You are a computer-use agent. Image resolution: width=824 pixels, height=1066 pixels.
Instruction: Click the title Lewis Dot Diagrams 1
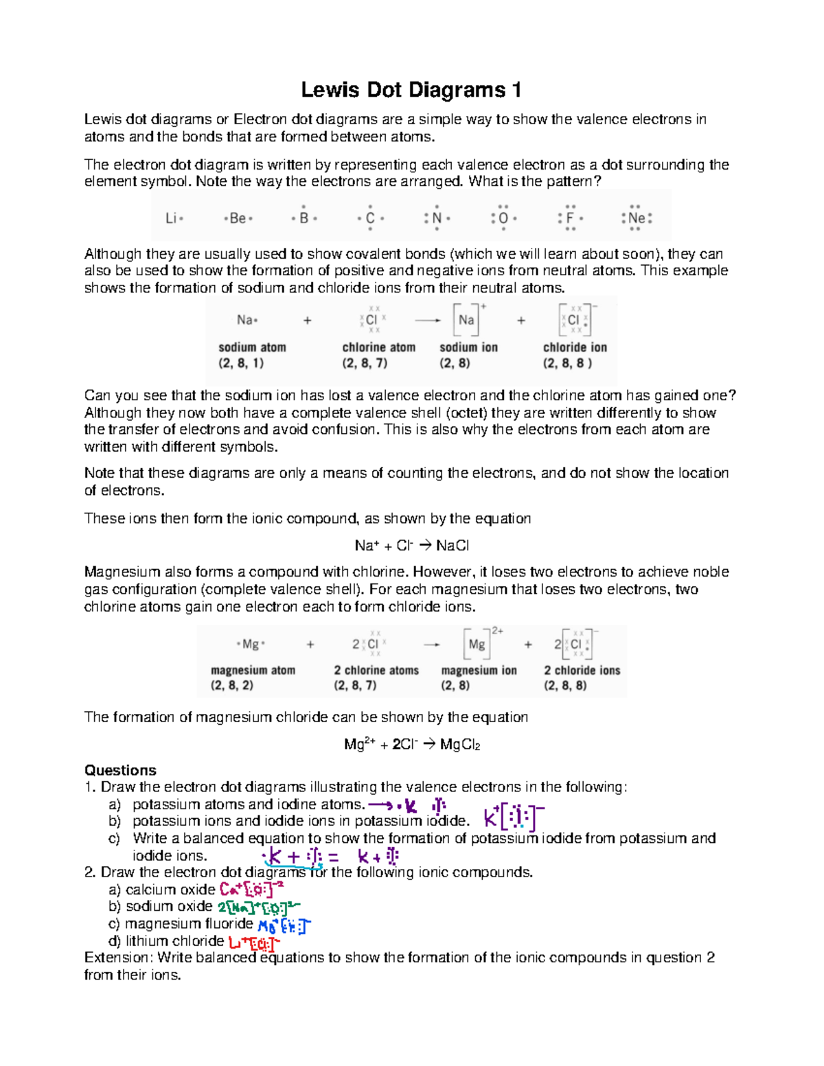[x=411, y=90]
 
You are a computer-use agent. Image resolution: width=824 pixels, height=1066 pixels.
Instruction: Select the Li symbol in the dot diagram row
[x=171, y=218]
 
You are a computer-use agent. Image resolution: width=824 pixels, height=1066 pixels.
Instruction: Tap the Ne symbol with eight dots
[x=636, y=218]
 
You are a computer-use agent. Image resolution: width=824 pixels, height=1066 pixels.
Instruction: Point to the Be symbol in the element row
[x=238, y=218]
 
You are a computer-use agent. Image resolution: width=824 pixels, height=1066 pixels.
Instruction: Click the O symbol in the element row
[x=503, y=218]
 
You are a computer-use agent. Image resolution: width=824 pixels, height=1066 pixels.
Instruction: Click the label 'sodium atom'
[x=252, y=347]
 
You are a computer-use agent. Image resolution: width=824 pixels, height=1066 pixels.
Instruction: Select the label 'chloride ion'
[x=575, y=347]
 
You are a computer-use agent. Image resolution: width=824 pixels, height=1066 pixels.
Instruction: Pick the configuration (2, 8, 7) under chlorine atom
[x=365, y=363]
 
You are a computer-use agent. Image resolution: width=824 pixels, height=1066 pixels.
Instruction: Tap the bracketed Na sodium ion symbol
[x=467, y=320]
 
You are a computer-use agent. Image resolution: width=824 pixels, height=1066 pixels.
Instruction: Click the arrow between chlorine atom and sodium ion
[x=427, y=320]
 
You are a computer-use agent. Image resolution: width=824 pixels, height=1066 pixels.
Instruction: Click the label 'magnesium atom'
[x=253, y=670]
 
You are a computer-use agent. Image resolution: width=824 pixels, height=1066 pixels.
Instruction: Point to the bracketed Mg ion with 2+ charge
[x=477, y=645]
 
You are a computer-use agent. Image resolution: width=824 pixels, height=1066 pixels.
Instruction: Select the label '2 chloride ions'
[x=582, y=670]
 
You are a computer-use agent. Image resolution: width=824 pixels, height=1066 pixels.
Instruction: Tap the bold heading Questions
[x=120, y=770]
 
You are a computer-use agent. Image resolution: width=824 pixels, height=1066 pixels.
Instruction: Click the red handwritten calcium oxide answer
[x=251, y=890]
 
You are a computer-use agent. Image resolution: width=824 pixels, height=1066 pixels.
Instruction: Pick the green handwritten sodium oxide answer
[x=258, y=907]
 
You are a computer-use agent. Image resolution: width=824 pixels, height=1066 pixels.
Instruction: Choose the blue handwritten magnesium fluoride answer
[x=284, y=925]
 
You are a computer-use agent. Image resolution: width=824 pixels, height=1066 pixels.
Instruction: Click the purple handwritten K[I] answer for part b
[x=514, y=817]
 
